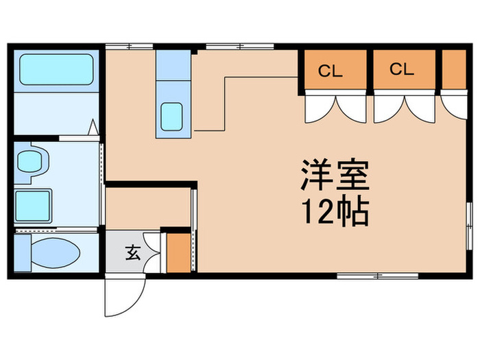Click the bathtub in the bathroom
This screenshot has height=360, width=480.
pos(56,69)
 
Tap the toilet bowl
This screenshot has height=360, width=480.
pos(56,253)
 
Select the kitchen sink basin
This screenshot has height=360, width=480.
pos(171,117)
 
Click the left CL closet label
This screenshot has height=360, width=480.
pos(330,71)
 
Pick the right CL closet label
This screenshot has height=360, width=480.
pos(402,69)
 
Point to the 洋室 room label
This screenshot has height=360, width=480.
pos(335,175)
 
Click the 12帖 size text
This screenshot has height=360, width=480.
pos(335,212)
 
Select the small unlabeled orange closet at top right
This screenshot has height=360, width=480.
pos(454,70)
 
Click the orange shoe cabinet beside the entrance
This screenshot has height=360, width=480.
pos(179,253)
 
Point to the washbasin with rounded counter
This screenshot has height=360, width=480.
pos(32,163)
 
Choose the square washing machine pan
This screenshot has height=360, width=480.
pos(33,206)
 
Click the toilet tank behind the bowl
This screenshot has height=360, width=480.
pos(23,253)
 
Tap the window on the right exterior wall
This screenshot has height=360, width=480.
pos(469,226)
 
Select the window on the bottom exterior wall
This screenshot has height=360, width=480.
pos(377,276)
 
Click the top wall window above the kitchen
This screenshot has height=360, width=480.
pos(240,47)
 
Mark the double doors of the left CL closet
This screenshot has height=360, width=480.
pos(335,107)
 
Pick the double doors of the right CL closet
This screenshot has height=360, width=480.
pos(404,107)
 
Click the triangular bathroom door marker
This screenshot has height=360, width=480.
pos(93,128)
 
